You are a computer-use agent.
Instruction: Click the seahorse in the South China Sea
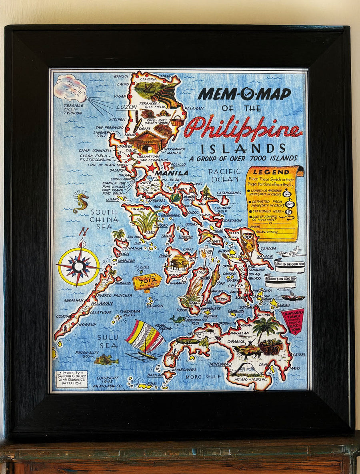pos(80,202)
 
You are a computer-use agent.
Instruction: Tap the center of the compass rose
pos(78,266)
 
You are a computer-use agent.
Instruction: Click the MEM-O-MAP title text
pos(244,94)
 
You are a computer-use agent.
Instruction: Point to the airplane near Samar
pos(291,253)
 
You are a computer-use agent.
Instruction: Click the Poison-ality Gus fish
pos(106,360)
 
